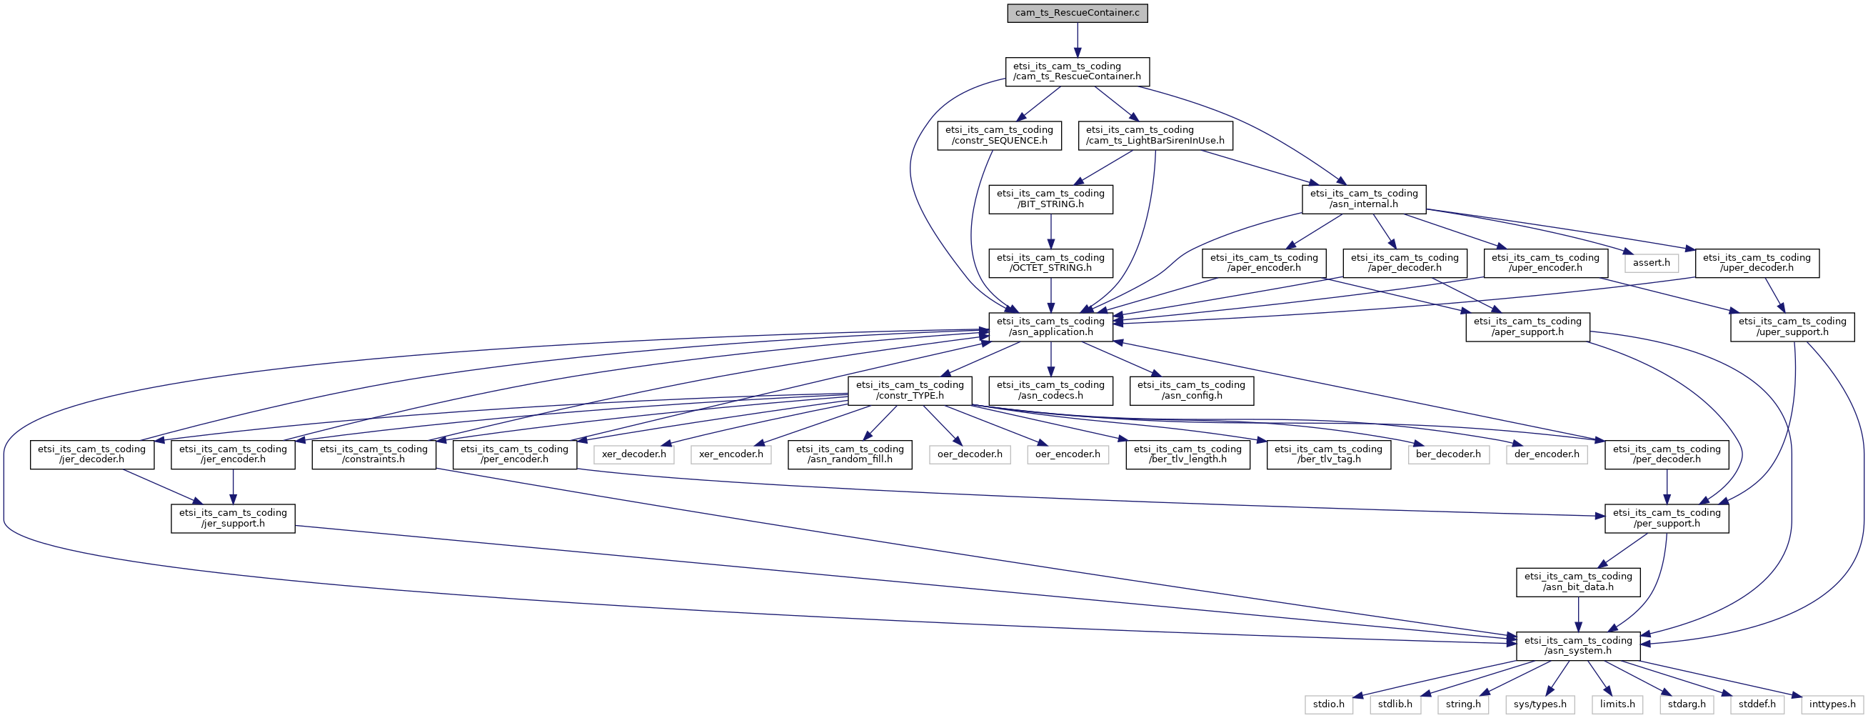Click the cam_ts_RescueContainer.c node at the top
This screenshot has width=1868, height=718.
1077,13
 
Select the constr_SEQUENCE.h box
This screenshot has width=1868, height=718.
999,136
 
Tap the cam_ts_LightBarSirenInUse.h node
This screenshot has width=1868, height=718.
1155,136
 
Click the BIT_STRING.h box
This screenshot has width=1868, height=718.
1051,199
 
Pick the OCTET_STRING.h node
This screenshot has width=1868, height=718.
1051,263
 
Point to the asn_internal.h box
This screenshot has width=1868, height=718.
1363,199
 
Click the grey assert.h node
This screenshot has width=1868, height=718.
1651,263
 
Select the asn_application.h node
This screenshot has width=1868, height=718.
1051,327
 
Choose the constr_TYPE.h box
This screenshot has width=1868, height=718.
910,391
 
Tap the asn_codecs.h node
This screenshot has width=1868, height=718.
1051,391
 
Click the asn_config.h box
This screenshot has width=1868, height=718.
1192,391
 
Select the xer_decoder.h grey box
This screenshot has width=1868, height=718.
634,454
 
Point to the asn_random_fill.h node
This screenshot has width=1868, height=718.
850,454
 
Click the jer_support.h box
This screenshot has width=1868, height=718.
233,519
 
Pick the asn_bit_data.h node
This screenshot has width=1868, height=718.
1578,582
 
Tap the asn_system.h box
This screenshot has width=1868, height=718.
1578,646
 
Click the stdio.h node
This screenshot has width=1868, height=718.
1328,704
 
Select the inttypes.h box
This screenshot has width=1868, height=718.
1832,704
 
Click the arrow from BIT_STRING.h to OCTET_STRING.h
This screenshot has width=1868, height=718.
1051,231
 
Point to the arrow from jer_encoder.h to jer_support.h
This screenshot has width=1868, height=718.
233,487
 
